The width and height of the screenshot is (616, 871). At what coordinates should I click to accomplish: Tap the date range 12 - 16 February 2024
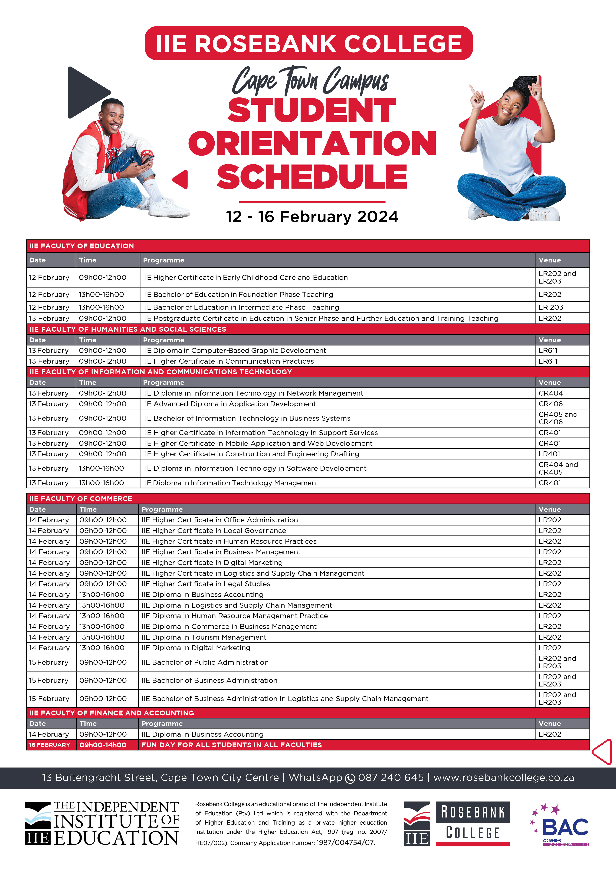point(312,217)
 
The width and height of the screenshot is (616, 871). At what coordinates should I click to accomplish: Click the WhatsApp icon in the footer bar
point(350,778)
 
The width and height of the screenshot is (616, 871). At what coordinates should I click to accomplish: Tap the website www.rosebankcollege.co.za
point(503,777)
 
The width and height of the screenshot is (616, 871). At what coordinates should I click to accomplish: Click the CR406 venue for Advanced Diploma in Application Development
point(550,404)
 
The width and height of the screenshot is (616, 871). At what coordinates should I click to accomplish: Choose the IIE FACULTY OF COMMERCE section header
point(81,498)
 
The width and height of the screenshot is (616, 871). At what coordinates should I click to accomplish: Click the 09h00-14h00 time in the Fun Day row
point(103,745)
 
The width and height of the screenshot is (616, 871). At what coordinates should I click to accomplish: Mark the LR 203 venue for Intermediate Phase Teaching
point(551,307)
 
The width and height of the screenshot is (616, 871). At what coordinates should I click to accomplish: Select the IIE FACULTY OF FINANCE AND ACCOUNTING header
point(112,713)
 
